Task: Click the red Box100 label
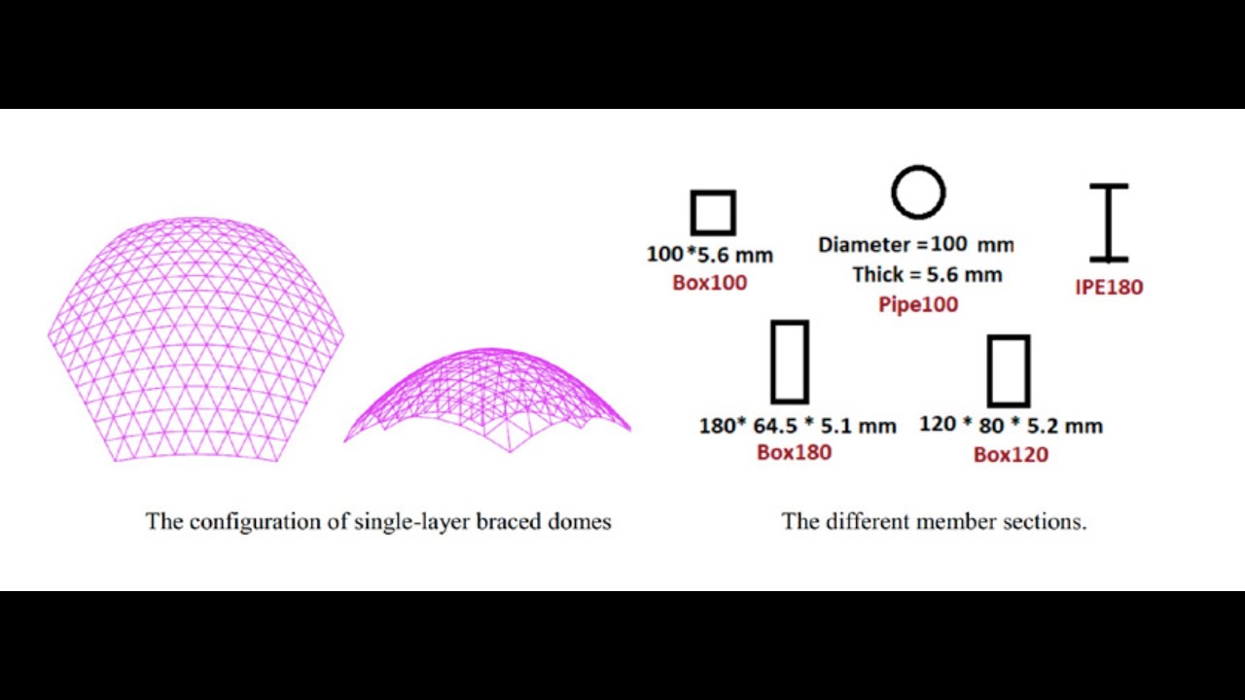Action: tap(710, 283)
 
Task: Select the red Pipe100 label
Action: tap(918, 304)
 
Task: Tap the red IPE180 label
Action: tap(1109, 287)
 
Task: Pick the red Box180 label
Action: tap(794, 452)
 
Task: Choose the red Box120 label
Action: tap(1011, 454)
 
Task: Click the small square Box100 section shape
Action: tap(713, 213)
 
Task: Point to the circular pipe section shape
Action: tap(918, 192)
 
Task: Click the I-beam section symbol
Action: tap(1109, 223)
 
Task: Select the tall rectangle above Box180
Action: tap(789, 362)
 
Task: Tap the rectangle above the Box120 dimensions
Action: tap(1009, 370)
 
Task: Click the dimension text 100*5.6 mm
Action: tap(710, 255)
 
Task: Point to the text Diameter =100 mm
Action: tap(915, 244)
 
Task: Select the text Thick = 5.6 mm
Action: tap(927, 274)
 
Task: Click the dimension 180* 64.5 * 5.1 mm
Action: tap(798, 426)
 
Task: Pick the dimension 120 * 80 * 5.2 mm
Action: tap(1011, 425)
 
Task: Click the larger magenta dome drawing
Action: tap(196, 340)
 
